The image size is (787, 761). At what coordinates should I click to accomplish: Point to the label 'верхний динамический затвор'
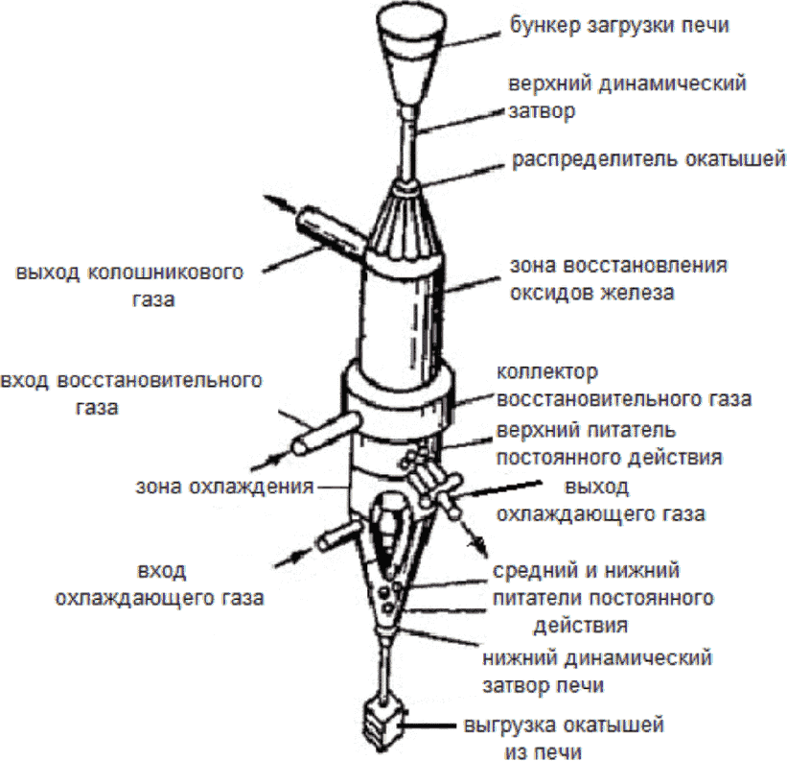tap(627, 96)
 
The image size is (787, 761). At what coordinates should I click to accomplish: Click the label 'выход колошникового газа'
tap(128, 285)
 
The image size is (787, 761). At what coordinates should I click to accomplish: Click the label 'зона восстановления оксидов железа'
tap(617, 278)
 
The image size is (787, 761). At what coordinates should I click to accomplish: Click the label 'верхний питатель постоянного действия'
tap(609, 441)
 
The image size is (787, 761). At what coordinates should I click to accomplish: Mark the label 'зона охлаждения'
tap(225, 487)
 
